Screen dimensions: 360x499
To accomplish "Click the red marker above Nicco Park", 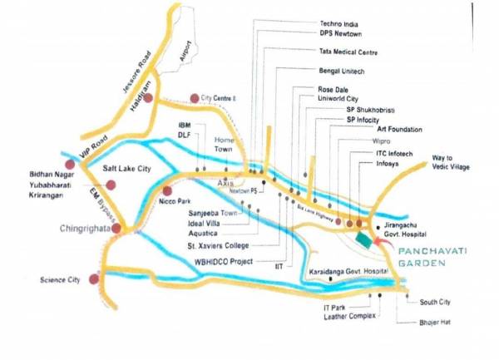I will tap(167, 190).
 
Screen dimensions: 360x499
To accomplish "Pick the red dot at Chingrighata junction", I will tap(118, 228).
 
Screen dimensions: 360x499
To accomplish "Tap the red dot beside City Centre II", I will tap(195, 98).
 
